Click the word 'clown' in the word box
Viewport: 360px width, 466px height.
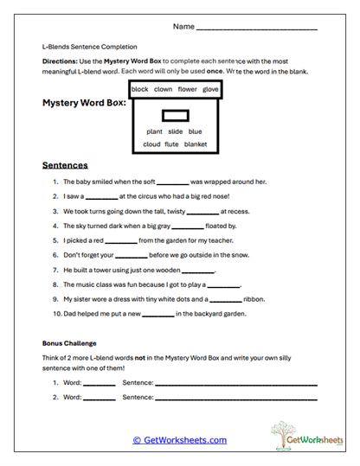163,89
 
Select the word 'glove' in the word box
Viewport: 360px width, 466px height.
210,89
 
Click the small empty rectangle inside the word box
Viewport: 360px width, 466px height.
176,115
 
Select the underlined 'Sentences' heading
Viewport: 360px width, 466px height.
65,164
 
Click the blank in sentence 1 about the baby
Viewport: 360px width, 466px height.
173,183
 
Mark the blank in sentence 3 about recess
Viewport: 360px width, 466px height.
202,212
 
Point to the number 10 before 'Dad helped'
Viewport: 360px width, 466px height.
55,314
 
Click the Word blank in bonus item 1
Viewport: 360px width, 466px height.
99,383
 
